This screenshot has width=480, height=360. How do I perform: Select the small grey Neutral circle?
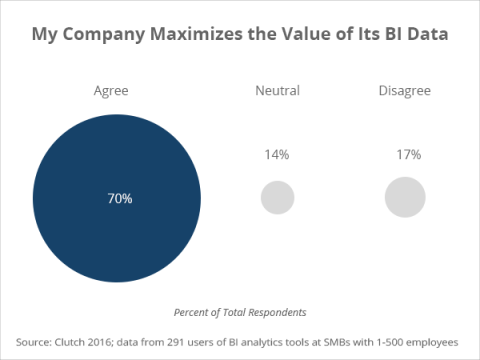pyautogui.click(x=277, y=197)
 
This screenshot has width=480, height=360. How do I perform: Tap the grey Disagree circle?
pyautogui.click(x=405, y=197)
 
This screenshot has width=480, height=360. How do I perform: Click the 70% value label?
pyautogui.click(x=119, y=198)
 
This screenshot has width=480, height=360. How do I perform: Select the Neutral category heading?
pyautogui.click(x=277, y=91)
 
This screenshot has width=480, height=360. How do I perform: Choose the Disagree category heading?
pyautogui.click(x=404, y=91)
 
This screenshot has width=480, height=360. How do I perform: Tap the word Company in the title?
pyautogui.click(x=104, y=35)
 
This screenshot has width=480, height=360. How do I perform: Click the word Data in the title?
pyautogui.click(x=424, y=35)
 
